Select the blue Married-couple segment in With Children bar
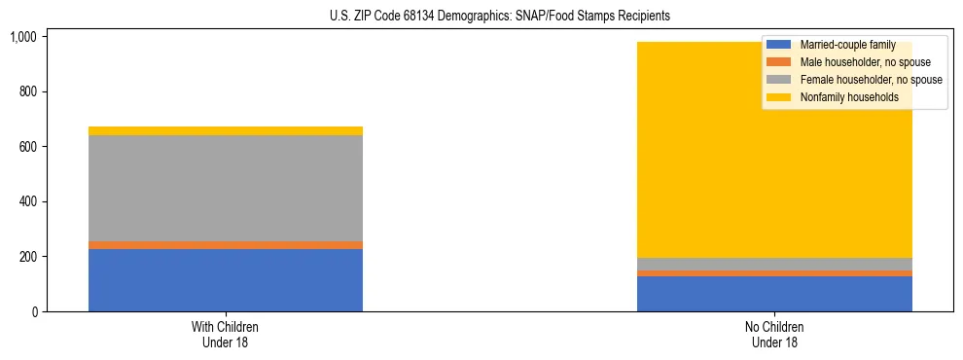(x=226, y=280)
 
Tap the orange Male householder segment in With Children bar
(x=226, y=245)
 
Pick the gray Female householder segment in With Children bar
(x=226, y=188)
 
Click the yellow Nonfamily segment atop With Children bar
(x=226, y=130)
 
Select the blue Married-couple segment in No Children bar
(x=774, y=294)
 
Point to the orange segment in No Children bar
(x=774, y=273)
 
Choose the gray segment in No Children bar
(x=774, y=264)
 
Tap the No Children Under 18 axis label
(x=774, y=335)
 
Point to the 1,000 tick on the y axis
(x=22, y=37)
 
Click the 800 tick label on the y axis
(x=27, y=91)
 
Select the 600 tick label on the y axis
(x=27, y=147)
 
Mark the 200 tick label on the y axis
(x=27, y=257)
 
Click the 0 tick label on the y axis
(x=34, y=312)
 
